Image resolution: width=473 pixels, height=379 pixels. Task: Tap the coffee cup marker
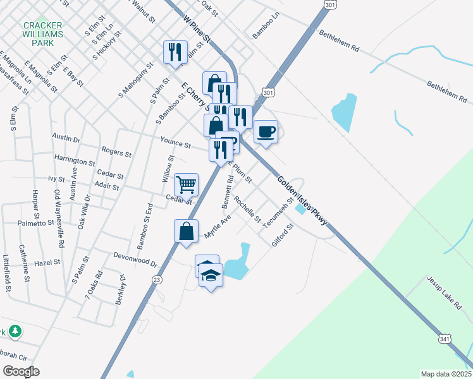266,132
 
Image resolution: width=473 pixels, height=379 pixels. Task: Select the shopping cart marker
186,185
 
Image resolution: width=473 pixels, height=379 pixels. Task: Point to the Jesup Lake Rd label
444,292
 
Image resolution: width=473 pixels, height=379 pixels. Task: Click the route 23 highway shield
157,279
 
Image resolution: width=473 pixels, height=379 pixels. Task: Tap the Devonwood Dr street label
135,259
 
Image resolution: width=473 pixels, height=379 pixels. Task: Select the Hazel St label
47,262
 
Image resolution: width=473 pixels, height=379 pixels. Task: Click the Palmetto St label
36,223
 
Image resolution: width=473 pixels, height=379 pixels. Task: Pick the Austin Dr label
66,138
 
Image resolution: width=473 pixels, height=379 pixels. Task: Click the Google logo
21,371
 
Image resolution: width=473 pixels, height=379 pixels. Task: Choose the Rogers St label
116,152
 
